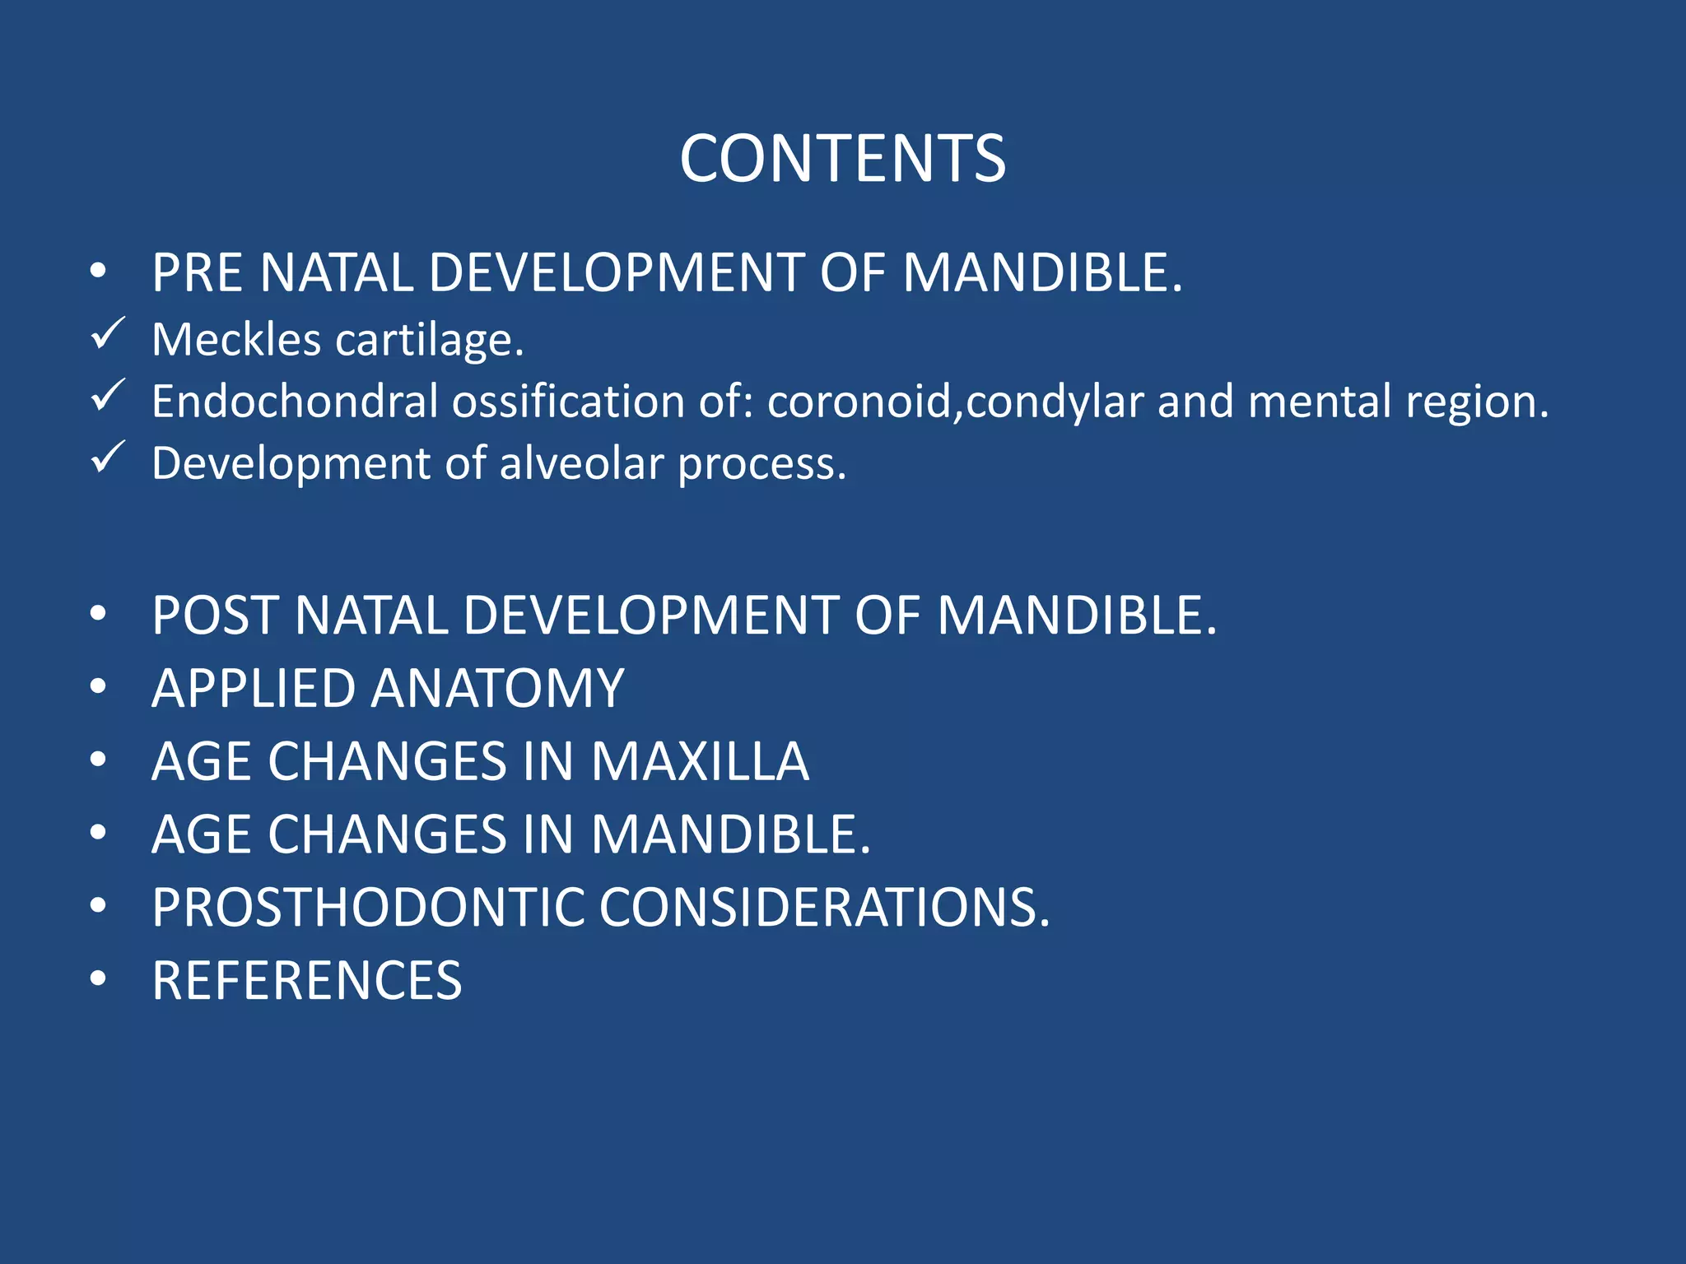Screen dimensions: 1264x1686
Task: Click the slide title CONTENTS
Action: [x=842, y=159]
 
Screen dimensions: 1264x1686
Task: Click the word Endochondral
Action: [x=295, y=402]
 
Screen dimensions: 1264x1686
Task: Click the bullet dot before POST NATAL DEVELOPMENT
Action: [x=99, y=614]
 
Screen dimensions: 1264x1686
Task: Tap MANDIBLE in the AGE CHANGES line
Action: [x=729, y=834]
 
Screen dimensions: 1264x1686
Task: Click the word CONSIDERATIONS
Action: [x=823, y=908]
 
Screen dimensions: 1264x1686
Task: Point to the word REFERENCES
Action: [x=306, y=981]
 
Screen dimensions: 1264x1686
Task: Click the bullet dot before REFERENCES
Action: [x=99, y=979]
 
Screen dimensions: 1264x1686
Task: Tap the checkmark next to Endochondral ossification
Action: [x=108, y=396]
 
